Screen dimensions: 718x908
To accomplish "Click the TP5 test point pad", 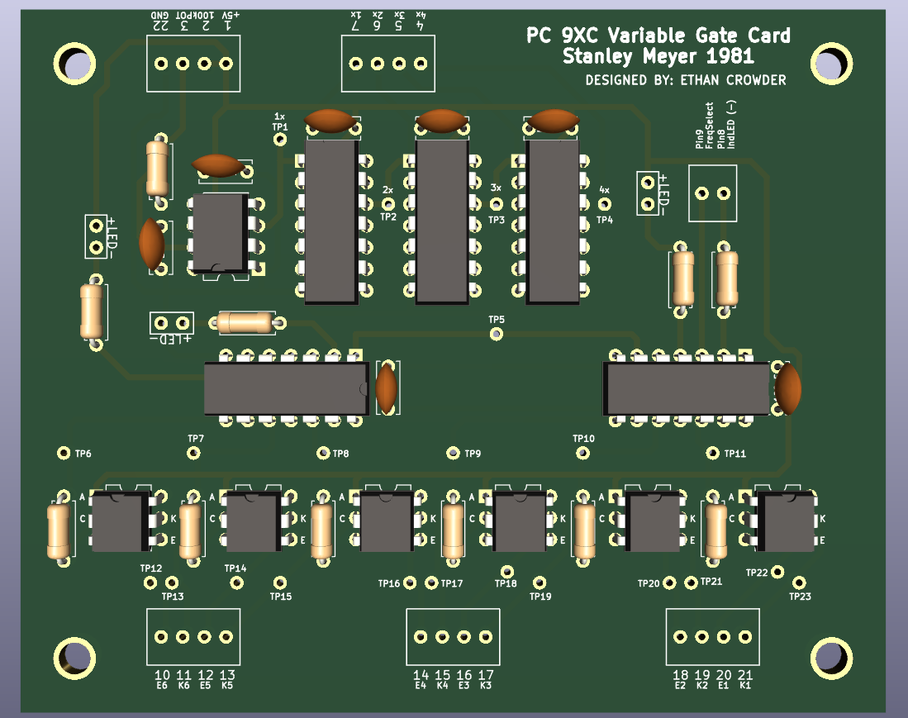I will click(496, 334).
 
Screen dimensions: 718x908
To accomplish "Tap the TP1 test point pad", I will click(280, 140).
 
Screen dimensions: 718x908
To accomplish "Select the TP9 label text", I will click(473, 454).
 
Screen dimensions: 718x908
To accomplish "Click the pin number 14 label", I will click(421, 674).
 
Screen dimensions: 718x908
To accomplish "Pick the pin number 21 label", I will click(745, 674).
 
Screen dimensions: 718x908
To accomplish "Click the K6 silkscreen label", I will click(183, 685).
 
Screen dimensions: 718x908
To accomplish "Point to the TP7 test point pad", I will click(194, 453).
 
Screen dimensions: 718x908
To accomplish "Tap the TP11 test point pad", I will click(713, 453).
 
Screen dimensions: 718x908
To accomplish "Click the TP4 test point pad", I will click(605, 203).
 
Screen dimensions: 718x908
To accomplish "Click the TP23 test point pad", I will click(798, 582).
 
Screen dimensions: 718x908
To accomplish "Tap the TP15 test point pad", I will click(280, 582).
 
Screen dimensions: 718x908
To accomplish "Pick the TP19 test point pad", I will click(540, 582).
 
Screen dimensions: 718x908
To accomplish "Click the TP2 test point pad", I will click(388, 203).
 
